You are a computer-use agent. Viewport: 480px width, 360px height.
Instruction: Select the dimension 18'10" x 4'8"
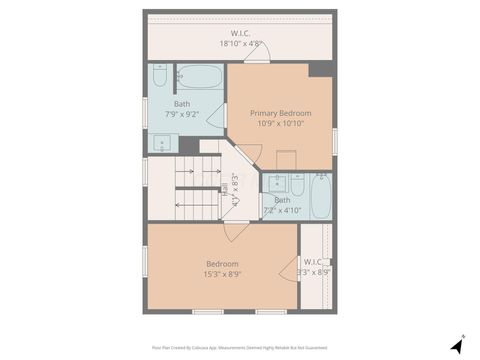click(240, 44)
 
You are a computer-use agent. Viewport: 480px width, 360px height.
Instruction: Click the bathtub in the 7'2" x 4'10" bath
click(320, 196)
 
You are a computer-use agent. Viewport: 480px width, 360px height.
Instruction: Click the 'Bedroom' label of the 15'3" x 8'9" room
click(222, 263)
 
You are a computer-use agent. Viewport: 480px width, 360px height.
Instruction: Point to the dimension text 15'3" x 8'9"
click(222, 274)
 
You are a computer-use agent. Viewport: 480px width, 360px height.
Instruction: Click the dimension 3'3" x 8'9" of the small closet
click(314, 272)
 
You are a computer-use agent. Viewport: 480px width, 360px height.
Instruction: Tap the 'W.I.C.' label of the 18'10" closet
click(240, 33)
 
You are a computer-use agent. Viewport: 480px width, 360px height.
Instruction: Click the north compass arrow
click(456, 345)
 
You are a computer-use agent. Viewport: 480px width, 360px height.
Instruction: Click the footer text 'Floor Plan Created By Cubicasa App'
click(189, 347)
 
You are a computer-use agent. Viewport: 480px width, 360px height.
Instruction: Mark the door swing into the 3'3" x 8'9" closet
click(290, 270)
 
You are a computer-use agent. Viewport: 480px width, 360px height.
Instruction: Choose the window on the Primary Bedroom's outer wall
click(334, 140)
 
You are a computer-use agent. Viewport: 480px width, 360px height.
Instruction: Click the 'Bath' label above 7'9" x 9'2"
click(182, 104)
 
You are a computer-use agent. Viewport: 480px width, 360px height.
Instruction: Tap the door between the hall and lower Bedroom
click(237, 229)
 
